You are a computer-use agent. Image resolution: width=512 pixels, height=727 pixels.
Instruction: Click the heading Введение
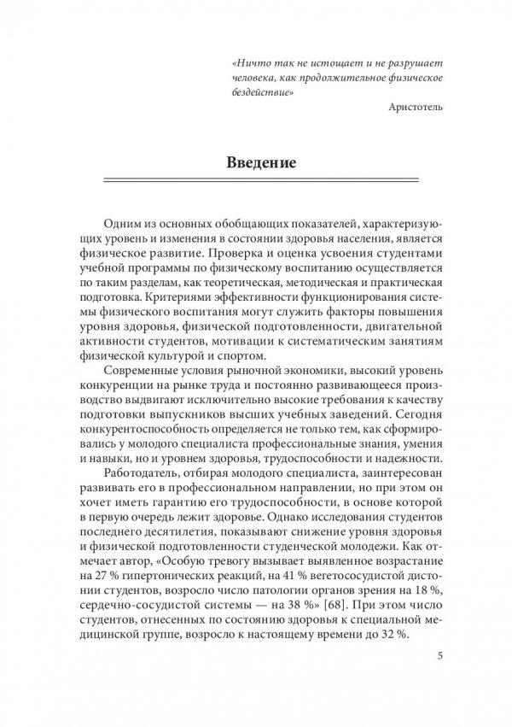click(x=261, y=162)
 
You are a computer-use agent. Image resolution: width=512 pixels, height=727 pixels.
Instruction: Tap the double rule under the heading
click(x=261, y=181)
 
